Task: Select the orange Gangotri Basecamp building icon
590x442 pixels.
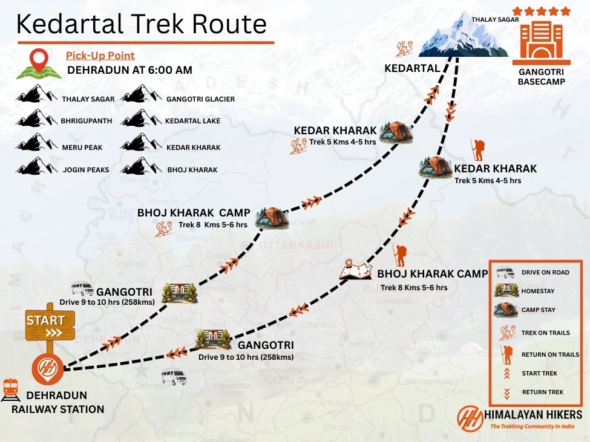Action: (541, 42)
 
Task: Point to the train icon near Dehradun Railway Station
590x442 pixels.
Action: (10, 389)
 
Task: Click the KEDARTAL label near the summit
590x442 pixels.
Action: (411, 68)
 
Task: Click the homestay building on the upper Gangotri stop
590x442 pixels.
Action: (180, 293)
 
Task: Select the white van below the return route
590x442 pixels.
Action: (174, 377)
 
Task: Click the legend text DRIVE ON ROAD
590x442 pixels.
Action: (545, 273)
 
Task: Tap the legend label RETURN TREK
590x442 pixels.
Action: (542, 392)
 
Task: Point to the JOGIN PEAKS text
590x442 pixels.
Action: (85, 170)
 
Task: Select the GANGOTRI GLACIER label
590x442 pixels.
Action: (200, 99)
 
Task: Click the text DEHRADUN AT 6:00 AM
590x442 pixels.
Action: (129, 70)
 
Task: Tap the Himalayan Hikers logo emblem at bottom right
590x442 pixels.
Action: (470, 417)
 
